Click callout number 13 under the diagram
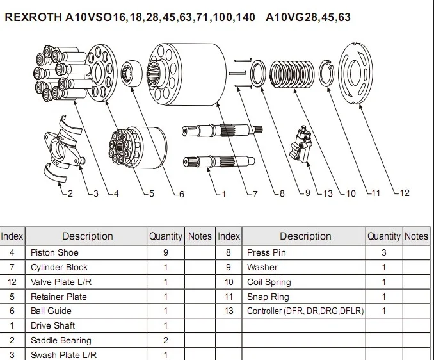click(x=328, y=193)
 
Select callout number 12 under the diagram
click(x=404, y=193)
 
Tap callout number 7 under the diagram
click(x=254, y=193)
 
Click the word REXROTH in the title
click(x=33, y=17)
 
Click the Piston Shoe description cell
click(x=54, y=252)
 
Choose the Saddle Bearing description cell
click(x=61, y=340)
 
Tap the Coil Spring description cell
click(x=269, y=282)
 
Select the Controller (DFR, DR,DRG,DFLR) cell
click(x=305, y=311)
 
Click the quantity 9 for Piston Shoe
click(x=166, y=252)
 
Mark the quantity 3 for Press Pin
click(x=384, y=252)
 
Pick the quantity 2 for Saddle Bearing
click(x=166, y=340)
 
